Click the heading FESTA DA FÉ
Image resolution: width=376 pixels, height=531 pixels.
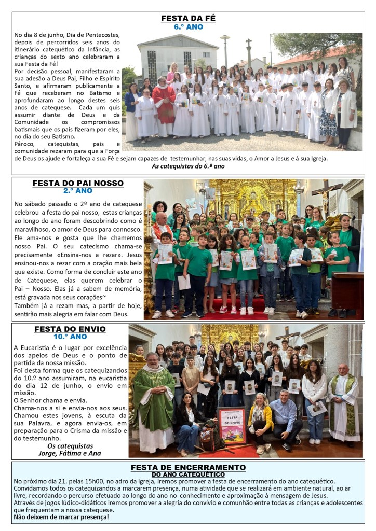point(188,18)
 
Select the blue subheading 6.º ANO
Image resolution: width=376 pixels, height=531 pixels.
point(188,26)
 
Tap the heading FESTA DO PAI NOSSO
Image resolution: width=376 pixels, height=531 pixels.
point(78,183)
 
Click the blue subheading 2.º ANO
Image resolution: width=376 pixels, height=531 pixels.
point(78,190)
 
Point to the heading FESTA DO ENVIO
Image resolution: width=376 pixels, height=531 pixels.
point(70,329)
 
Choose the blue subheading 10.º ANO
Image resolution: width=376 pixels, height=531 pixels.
point(70,336)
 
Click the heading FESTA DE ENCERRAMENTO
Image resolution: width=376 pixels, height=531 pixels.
point(188,467)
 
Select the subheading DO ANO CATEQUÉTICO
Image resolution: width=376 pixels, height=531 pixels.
point(188,474)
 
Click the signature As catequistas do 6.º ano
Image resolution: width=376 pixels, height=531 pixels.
point(188,166)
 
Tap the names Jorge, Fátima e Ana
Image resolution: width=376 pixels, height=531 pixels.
point(70,453)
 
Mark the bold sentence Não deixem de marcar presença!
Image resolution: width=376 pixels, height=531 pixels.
point(61,516)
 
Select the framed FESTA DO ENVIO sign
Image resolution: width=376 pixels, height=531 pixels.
point(232,425)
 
